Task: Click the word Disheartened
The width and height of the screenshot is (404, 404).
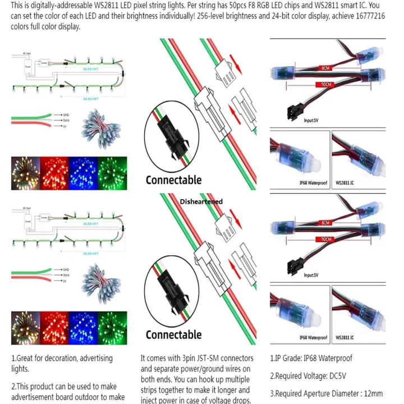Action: (x=201, y=201)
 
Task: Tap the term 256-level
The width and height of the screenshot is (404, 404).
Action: (x=199, y=16)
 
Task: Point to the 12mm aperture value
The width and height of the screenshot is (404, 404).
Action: (x=373, y=393)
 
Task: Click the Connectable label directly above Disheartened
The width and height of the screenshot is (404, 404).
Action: (x=173, y=180)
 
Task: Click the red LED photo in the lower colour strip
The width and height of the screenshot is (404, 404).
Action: (x=54, y=326)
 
